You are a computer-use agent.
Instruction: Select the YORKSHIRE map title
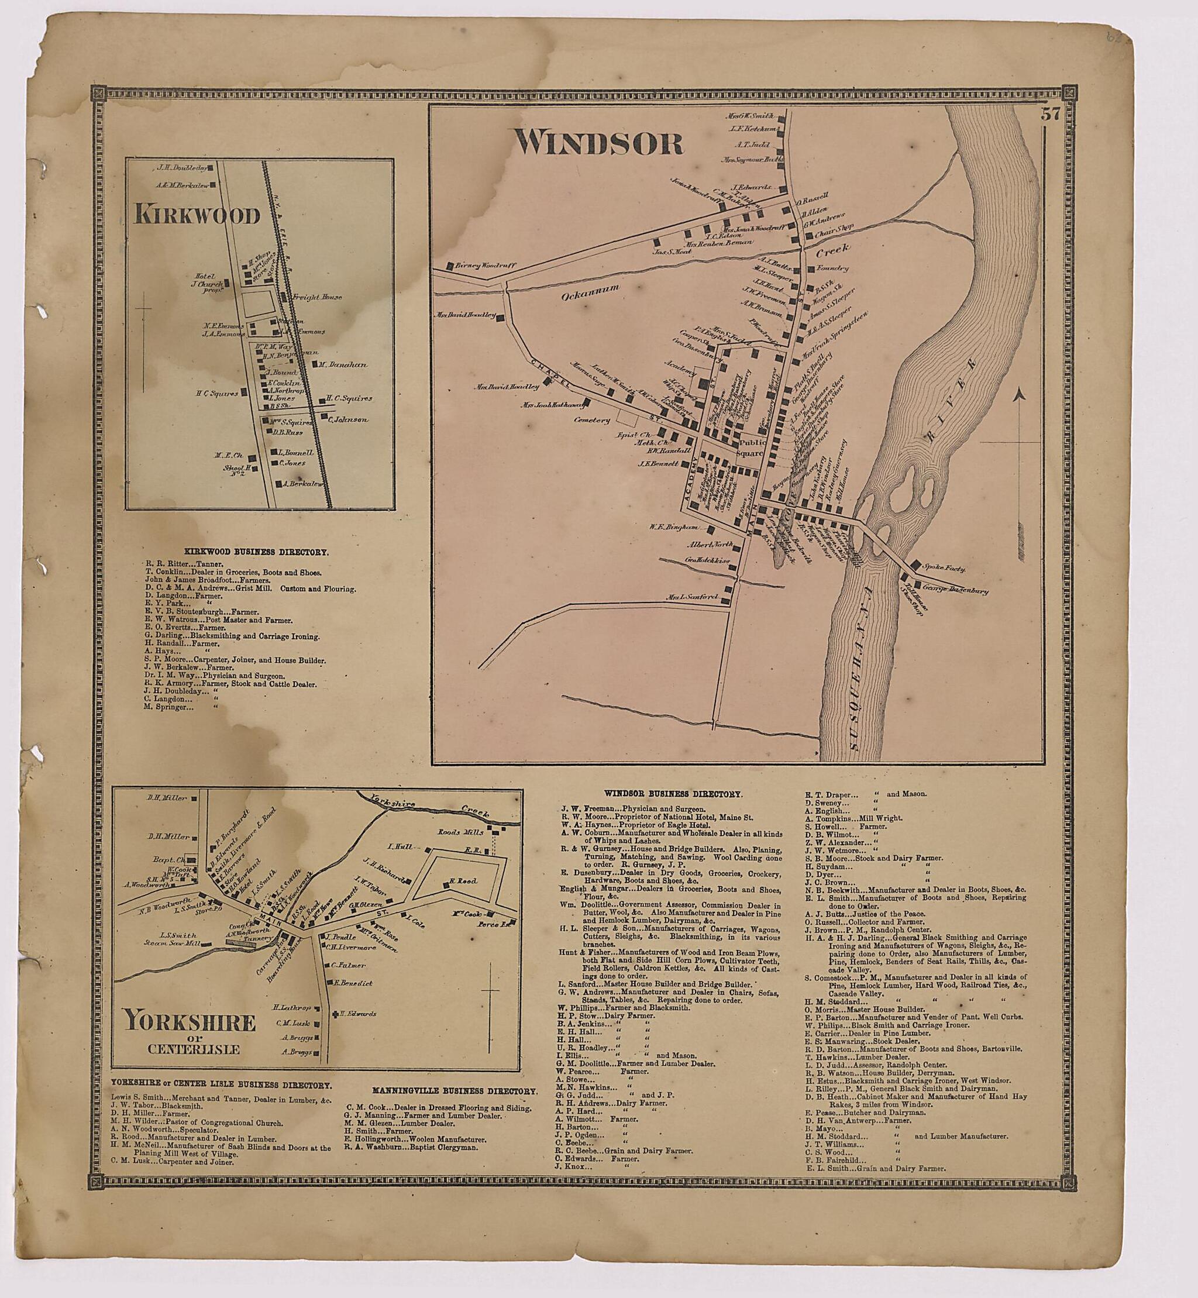coord(190,1022)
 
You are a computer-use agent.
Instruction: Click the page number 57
coord(1049,115)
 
